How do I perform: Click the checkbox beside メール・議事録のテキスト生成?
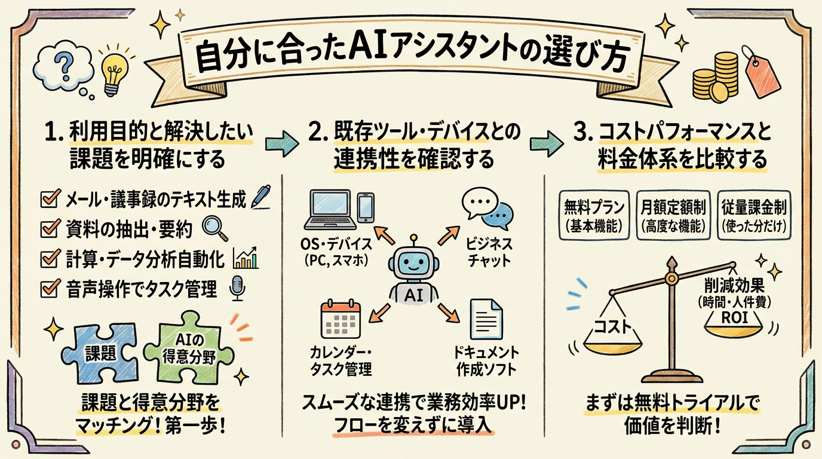point(47,199)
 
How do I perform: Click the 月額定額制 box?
point(671,215)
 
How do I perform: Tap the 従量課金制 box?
point(753,215)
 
